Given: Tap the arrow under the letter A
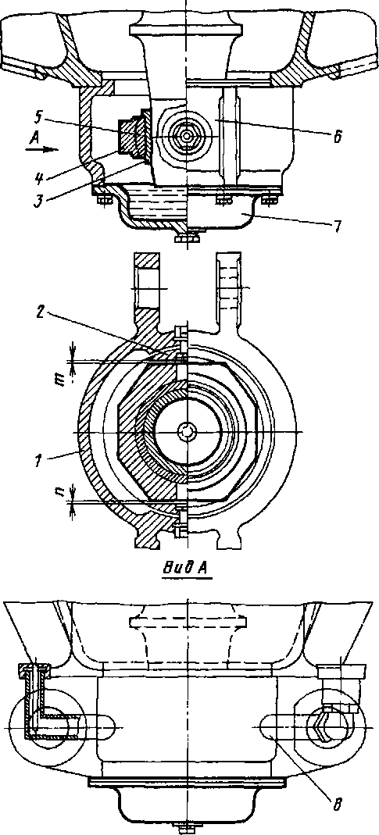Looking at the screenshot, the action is point(41,150).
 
